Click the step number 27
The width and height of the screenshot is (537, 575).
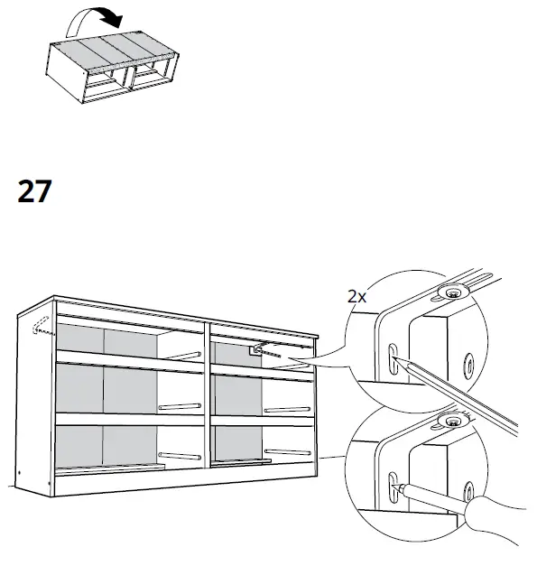(x=35, y=192)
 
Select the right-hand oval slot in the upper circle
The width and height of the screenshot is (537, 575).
(x=470, y=365)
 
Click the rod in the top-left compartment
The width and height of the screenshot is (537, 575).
(x=181, y=355)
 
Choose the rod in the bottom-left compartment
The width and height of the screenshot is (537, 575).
(x=181, y=454)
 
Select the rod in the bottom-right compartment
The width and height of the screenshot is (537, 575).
(x=287, y=451)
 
